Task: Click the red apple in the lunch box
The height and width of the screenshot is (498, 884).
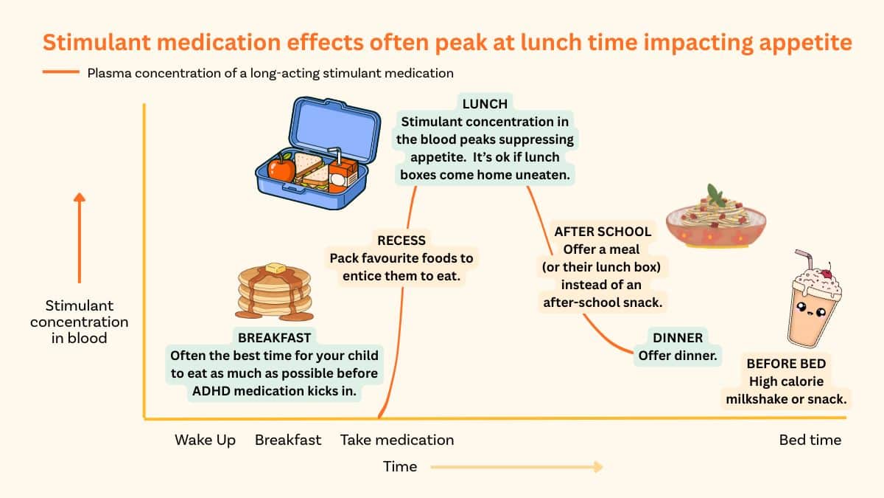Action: pyautogui.click(x=281, y=168)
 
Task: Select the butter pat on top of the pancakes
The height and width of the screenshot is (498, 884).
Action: pyautogui.click(x=276, y=269)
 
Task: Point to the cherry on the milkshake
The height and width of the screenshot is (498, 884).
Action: pyautogui.click(x=827, y=272)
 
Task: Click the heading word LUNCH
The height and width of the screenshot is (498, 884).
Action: pyautogui.click(x=485, y=104)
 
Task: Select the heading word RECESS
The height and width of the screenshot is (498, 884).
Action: pyautogui.click(x=401, y=241)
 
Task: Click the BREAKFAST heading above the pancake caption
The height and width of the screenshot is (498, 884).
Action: pyautogui.click(x=274, y=338)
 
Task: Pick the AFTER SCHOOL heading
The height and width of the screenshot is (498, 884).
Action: pyautogui.click(x=603, y=232)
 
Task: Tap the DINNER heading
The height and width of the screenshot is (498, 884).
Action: pyautogui.click(x=678, y=338)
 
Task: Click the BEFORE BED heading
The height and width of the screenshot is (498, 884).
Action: pyautogui.click(x=786, y=364)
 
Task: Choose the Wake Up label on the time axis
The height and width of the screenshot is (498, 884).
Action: pyautogui.click(x=206, y=440)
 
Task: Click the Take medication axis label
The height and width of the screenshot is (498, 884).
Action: pyautogui.click(x=397, y=440)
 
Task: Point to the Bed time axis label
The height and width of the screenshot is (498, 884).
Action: pyautogui.click(x=810, y=440)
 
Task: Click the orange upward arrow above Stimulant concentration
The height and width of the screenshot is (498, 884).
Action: pyautogui.click(x=80, y=238)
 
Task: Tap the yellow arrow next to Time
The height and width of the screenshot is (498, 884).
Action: pyautogui.click(x=516, y=467)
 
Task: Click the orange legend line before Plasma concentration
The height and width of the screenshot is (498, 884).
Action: pyautogui.click(x=61, y=72)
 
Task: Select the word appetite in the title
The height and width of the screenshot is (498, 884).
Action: pyautogui.click(x=805, y=42)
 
